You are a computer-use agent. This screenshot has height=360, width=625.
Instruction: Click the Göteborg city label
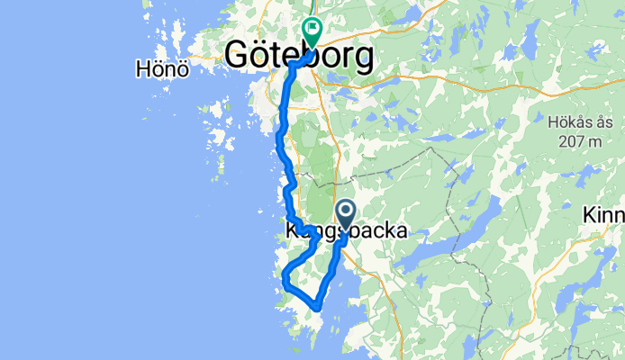point(298,56)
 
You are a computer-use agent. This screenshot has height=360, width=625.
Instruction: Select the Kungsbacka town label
point(346,231)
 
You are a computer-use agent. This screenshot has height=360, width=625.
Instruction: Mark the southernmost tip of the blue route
point(318,308)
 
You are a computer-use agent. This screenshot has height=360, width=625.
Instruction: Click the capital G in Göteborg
point(237,56)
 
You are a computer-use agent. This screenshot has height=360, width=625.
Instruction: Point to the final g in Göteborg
point(362,59)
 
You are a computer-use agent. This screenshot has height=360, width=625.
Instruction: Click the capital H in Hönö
point(140,68)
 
